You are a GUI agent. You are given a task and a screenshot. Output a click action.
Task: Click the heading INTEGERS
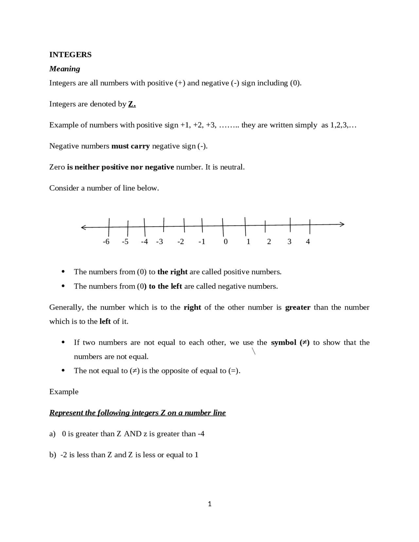coord(70,55)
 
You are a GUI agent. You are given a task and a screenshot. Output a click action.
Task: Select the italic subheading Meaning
coord(64,69)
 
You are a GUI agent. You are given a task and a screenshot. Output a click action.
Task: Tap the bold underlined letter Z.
coord(132,104)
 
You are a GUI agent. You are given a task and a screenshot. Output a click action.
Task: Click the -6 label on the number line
coord(106,242)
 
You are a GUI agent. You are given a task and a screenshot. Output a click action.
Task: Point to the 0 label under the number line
coord(226,242)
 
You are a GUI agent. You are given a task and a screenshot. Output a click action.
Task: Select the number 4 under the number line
coord(308,242)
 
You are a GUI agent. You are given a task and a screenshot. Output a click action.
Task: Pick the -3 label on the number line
coord(159,242)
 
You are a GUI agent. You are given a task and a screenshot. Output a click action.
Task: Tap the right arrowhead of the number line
coord(342,224)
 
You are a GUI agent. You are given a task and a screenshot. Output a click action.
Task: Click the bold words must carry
coord(130,146)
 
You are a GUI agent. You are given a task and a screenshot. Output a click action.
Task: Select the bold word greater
coord(298,307)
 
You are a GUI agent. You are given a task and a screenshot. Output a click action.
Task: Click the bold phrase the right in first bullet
coord(172,272)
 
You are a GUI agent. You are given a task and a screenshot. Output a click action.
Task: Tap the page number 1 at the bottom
coord(209,504)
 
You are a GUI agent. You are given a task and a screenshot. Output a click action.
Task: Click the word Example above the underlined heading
coord(64,392)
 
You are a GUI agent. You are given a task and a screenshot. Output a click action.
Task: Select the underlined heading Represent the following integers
coord(137,413)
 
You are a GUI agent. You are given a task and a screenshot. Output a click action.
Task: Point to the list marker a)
coord(52,434)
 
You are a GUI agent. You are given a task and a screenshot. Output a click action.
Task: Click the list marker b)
coord(52,455)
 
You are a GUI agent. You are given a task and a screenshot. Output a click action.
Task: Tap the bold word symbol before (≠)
coord(283,343)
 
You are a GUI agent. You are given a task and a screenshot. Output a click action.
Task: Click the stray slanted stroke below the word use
coord(253,352)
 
